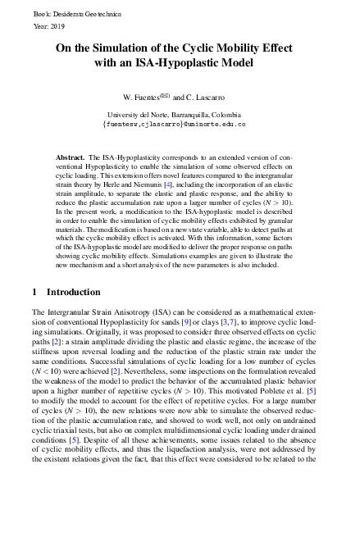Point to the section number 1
(34, 269)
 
